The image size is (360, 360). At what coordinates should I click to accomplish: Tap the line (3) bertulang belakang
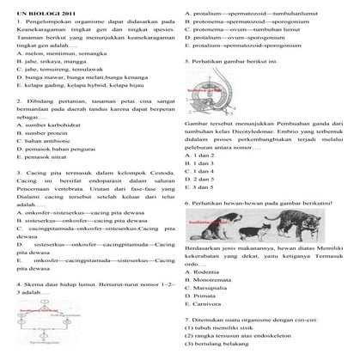coord(222,355)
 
